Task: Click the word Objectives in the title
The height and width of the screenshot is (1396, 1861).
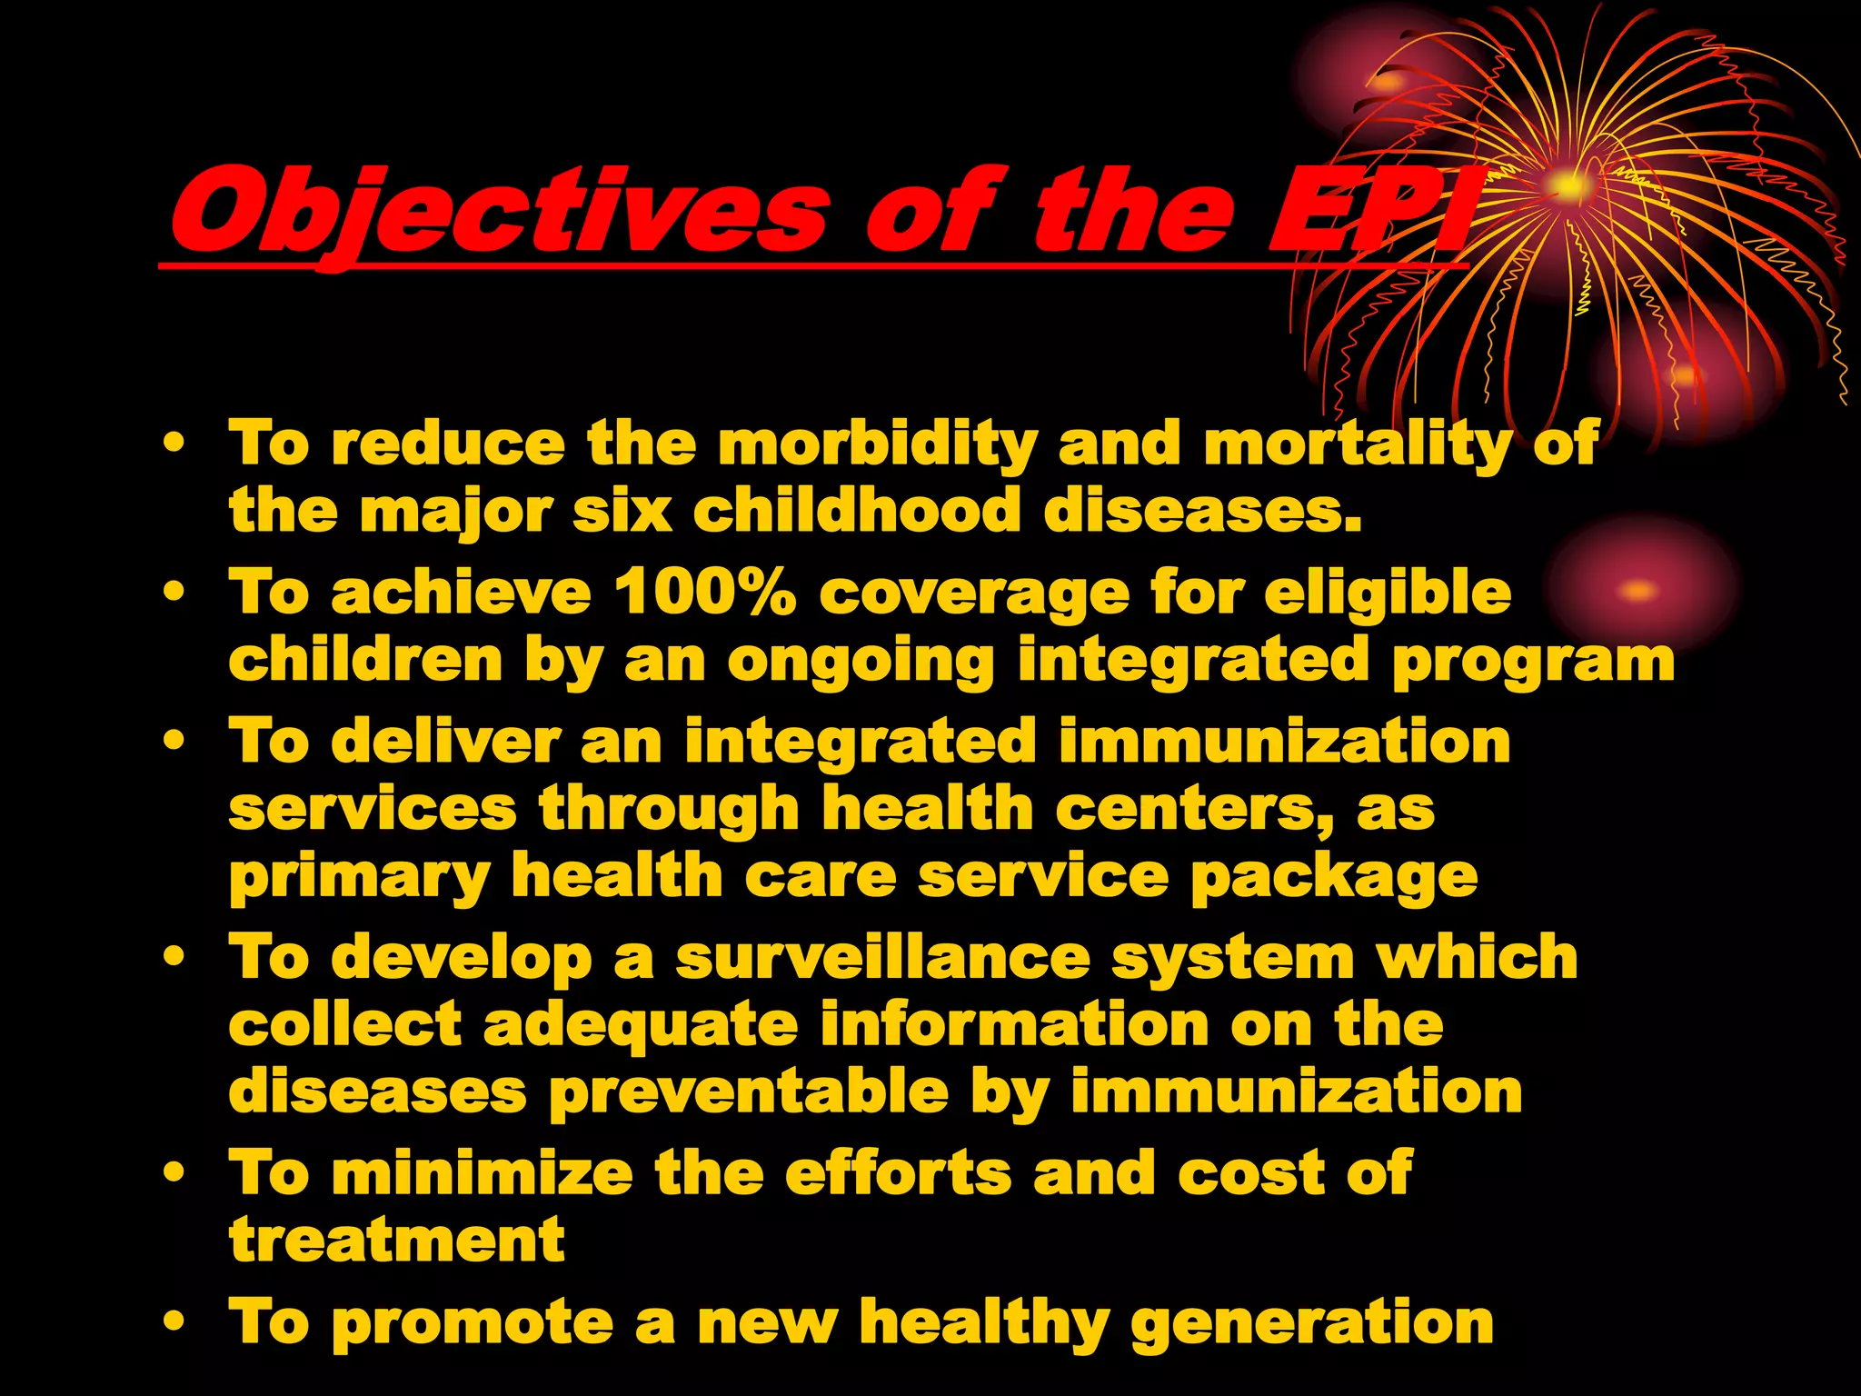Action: pyautogui.click(x=498, y=212)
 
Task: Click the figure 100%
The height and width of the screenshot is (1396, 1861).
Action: pyautogui.click(x=705, y=593)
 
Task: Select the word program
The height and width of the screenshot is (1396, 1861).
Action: pyautogui.click(x=1533, y=661)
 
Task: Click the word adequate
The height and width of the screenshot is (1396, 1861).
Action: pyautogui.click(x=641, y=1026)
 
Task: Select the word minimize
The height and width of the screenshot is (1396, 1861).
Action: pyautogui.click(x=483, y=1172)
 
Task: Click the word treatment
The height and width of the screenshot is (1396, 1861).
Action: pyautogui.click(x=397, y=1240)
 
